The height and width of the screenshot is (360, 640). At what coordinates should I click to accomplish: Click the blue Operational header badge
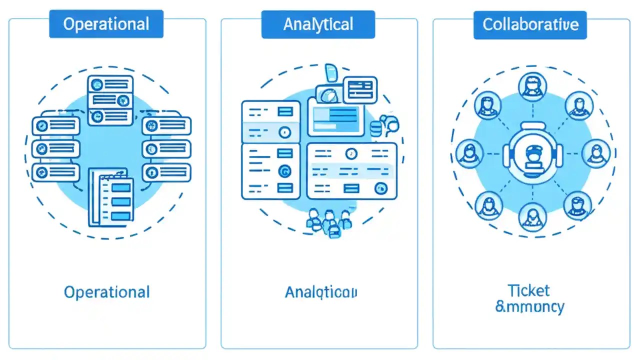tap(106, 24)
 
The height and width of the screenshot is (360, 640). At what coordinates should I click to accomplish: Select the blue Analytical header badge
tap(318, 24)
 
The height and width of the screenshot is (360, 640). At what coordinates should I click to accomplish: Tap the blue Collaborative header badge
tap(530, 24)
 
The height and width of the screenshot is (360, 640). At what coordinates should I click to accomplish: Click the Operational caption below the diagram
tap(106, 292)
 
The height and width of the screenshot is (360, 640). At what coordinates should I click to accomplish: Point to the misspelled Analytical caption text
tap(321, 292)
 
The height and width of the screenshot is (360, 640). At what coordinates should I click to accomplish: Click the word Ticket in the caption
tap(528, 290)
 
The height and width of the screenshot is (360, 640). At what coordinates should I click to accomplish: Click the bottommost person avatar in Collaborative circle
tap(532, 216)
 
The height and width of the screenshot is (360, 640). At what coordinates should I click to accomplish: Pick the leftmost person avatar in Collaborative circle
tap(469, 152)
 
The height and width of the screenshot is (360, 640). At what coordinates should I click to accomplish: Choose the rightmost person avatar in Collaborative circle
tap(597, 152)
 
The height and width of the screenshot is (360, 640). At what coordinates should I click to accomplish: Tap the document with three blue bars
tap(111, 197)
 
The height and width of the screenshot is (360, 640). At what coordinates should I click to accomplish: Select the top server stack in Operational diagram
tap(110, 100)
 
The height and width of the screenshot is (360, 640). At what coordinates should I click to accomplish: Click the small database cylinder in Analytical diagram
tap(375, 129)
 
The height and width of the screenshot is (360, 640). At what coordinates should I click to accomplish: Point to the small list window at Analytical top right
tap(360, 89)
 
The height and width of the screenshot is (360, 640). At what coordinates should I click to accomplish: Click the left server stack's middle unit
tap(56, 148)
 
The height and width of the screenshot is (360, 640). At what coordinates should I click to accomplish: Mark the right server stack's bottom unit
tap(166, 172)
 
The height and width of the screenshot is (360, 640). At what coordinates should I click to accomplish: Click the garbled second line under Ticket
tap(529, 306)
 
